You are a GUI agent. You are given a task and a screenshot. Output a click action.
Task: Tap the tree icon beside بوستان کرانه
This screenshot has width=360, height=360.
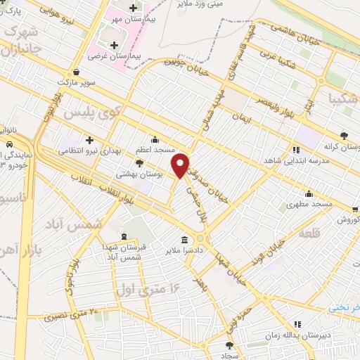tap(343, 136)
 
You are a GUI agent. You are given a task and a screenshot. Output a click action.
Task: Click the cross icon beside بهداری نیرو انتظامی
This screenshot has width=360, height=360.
tap(89, 139)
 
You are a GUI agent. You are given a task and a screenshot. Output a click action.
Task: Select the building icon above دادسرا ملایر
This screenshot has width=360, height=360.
tap(184, 239)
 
